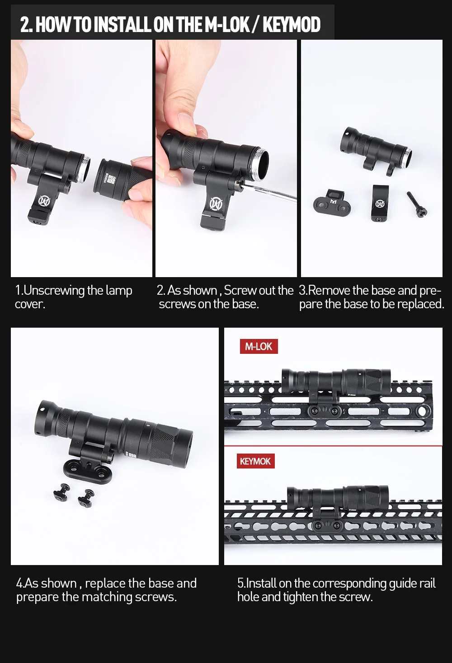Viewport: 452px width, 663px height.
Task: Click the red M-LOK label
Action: coord(259,346)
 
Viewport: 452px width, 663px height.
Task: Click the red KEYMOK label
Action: coord(255,461)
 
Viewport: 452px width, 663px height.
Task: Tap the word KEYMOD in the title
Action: coord(292,24)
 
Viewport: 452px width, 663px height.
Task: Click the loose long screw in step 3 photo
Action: coord(417,204)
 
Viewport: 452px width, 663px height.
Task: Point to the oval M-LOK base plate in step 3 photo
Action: coord(332,203)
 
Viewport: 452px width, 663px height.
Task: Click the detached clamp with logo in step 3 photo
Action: coord(380,203)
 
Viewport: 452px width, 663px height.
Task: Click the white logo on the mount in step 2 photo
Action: coord(217,204)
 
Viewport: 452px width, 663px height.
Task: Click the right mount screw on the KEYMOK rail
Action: coord(337,525)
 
